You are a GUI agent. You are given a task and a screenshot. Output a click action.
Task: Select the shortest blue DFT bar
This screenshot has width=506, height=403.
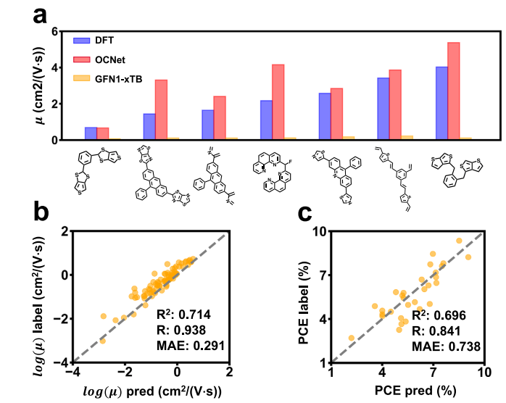[x=91, y=133]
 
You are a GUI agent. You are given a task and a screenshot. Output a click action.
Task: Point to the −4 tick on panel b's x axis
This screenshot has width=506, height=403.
[x=72, y=372]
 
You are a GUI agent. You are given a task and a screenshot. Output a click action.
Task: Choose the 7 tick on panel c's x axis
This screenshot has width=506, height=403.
[x=433, y=372]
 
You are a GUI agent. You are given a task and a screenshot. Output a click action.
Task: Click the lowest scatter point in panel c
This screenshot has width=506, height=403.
[x=352, y=338]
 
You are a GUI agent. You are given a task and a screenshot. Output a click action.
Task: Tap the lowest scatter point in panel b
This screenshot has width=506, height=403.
[x=103, y=341]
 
